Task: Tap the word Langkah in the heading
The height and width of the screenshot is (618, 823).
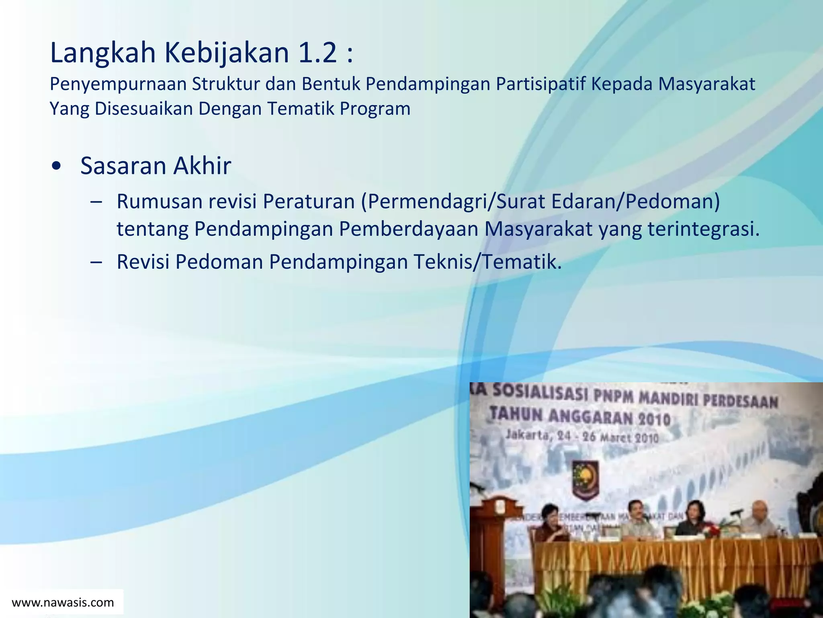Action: point(102,54)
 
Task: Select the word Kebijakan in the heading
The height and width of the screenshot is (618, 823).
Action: point(227,54)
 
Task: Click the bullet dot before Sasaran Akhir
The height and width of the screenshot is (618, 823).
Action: point(57,166)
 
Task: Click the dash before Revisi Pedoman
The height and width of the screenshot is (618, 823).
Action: point(96,262)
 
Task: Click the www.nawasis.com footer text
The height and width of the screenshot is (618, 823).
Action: point(63,602)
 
